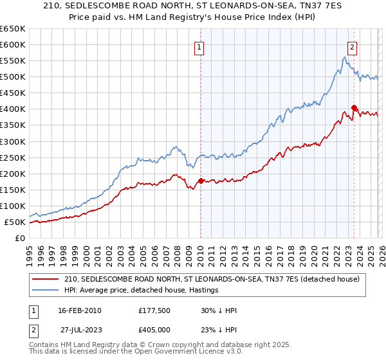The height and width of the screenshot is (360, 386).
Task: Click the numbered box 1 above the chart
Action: click(x=199, y=47)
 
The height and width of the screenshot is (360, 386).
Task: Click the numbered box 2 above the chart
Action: click(x=353, y=47)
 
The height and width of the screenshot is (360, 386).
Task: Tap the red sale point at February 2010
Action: click(x=201, y=181)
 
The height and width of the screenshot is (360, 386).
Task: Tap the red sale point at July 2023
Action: click(x=354, y=107)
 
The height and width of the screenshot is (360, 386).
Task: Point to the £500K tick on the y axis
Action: click(x=12, y=77)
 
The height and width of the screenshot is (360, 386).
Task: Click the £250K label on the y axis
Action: click(x=12, y=157)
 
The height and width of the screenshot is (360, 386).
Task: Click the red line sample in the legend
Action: click(x=46, y=279)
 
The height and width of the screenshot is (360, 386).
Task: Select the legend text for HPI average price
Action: click(x=142, y=290)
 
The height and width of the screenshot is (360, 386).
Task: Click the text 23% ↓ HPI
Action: click(x=219, y=330)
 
